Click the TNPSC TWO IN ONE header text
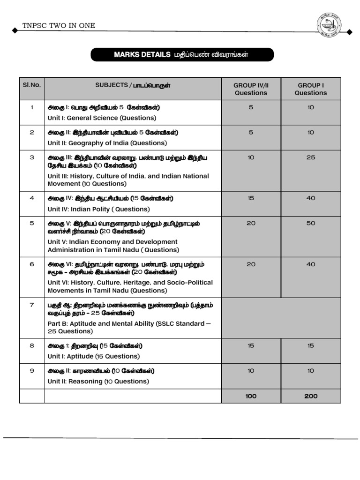point(59,25)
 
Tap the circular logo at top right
point(328,25)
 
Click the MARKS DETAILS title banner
point(182,55)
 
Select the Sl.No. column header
point(32,85)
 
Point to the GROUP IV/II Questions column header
point(251,89)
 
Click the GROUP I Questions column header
point(311,89)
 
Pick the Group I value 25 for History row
point(311,157)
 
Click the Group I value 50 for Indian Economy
point(311,223)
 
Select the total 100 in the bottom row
point(251,396)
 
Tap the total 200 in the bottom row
point(311,396)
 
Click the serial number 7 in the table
point(32,305)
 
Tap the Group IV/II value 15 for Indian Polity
point(251,198)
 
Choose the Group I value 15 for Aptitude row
point(311,345)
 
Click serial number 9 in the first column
point(32,371)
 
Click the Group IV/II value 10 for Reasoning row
point(251,371)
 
